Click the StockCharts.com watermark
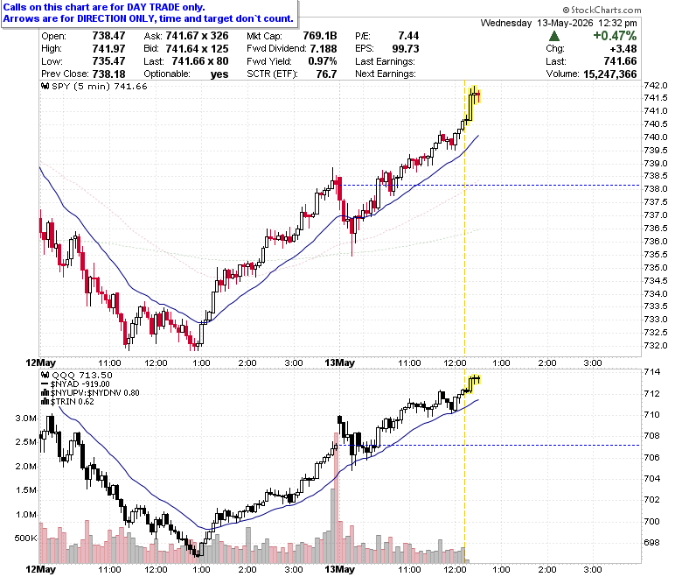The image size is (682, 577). [x=602, y=10]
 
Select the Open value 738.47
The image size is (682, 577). [x=108, y=36]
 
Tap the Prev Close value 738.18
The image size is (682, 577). [x=108, y=74]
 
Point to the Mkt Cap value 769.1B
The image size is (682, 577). [x=320, y=36]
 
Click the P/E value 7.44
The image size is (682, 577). [x=408, y=36]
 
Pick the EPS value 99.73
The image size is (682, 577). [x=406, y=49]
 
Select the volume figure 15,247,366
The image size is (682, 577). [x=609, y=74]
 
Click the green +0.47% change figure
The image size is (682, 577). [x=615, y=36]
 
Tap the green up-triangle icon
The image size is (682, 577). [x=554, y=36]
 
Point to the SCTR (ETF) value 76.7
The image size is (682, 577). [x=326, y=74]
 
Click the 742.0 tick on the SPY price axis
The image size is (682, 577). [x=656, y=85]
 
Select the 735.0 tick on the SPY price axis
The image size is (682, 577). [x=656, y=267]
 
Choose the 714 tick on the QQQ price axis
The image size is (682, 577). [x=652, y=372]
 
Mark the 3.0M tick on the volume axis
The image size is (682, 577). [x=26, y=419]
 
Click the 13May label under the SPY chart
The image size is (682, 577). [x=340, y=362]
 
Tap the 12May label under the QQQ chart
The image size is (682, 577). [x=40, y=569]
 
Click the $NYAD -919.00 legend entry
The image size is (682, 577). [x=75, y=384]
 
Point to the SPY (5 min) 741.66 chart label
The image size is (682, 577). [x=94, y=86]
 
